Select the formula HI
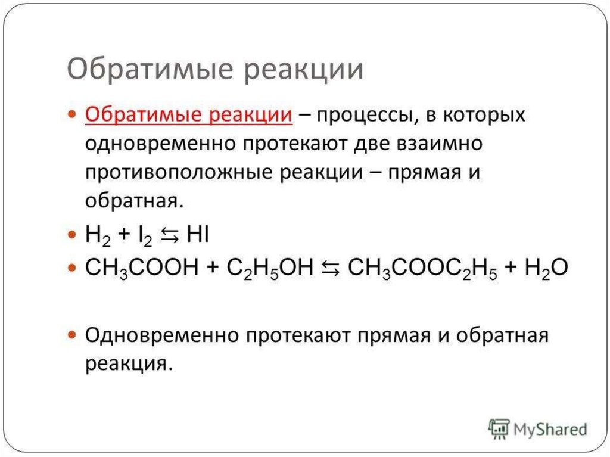click(x=197, y=235)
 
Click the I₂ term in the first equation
click(x=145, y=237)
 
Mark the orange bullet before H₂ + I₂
click(x=73, y=235)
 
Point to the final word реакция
click(x=129, y=363)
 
